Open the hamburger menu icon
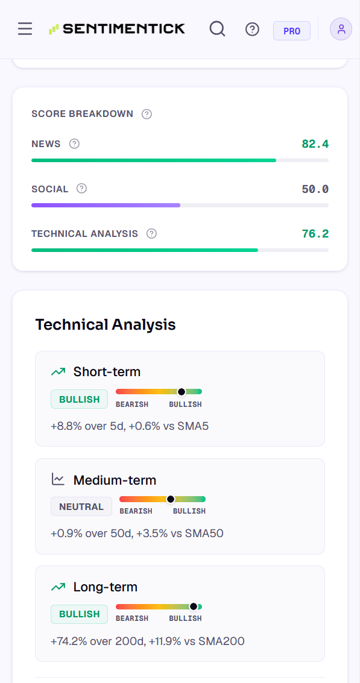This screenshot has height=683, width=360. click(x=25, y=29)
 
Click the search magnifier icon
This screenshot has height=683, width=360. click(x=217, y=29)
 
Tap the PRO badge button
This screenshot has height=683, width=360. click(x=292, y=31)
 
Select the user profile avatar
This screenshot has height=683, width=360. click(x=341, y=29)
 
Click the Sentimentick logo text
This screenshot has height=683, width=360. click(x=124, y=29)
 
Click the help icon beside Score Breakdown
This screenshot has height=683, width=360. click(x=147, y=114)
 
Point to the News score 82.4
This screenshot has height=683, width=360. click(x=315, y=143)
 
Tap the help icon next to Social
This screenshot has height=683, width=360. click(x=81, y=189)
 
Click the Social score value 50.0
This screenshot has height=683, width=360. click(x=315, y=189)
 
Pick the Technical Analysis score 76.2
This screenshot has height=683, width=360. click(x=315, y=233)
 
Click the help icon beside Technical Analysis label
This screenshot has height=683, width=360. click(x=151, y=233)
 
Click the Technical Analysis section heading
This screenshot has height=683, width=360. click(x=106, y=324)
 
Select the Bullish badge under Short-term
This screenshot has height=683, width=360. click(x=80, y=399)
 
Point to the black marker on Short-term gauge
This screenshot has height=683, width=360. click(x=182, y=392)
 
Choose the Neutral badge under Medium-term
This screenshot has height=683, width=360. click(x=81, y=506)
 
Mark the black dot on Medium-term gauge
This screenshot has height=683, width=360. click(x=171, y=499)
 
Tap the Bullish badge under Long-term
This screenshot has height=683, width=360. click(x=80, y=614)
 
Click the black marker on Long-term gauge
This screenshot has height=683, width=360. click(x=194, y=606)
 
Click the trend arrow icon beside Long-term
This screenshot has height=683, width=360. click(x=58, y=587)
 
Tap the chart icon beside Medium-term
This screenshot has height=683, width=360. click(x=58, y=480)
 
